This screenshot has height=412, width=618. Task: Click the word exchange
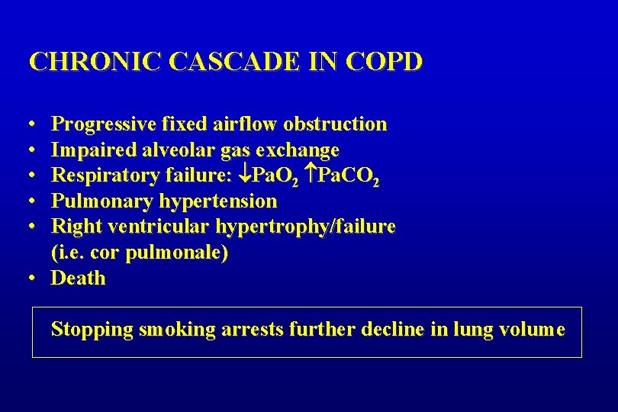(x=301, y=150)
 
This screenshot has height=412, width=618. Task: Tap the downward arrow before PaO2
(x=243, y=175)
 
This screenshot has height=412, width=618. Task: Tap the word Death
(x=78, y=278)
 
